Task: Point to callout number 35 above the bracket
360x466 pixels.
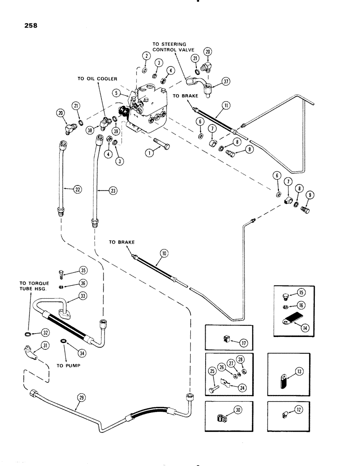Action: coord(83,270)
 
